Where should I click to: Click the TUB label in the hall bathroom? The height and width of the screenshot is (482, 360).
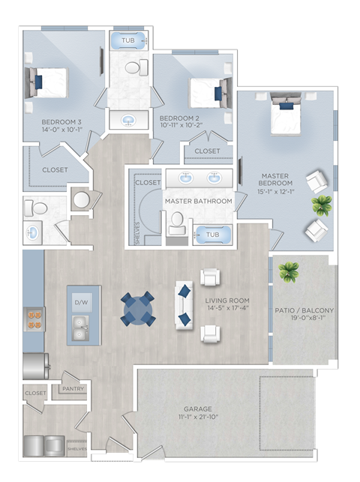pos(128,40)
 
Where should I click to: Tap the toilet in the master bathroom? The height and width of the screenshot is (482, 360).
pos(177,223)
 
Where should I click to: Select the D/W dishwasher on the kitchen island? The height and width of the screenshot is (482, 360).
pos(81,303)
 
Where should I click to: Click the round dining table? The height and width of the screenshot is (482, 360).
pos(137,309)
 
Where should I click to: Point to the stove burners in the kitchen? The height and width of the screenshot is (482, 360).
pos(34,319)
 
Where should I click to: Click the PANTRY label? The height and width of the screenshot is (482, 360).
pos(73,388)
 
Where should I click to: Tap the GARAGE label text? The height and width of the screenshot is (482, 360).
pos(198,409)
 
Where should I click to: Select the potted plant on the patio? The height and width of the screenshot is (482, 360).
pos(289,272)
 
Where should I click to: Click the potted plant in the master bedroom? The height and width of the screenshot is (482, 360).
pos(322,205)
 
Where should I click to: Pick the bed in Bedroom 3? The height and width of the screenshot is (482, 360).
pos(46,82)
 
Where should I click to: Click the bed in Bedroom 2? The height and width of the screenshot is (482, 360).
pos(211,93)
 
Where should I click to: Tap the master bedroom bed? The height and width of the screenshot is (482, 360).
pos(286,114)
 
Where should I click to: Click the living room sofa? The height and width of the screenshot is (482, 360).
pos(184,305)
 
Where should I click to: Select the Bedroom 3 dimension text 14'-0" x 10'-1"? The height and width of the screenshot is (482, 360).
pos(62,130)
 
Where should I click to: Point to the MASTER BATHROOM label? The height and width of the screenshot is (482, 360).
pos(198,201)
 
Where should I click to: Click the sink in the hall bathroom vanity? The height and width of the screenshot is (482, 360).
pos(129,120)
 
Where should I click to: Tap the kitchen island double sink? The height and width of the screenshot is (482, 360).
pos(80,328)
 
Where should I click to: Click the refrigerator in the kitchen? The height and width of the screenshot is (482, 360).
pos(36,366)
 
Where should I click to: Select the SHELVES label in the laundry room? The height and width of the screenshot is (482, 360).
pos(77,449)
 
